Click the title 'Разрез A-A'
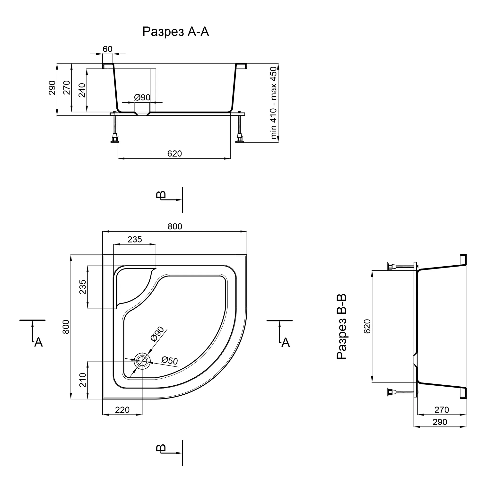(x=176, y=32)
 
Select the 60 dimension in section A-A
(x=107, y=49)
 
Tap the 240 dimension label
(x=82, y=90)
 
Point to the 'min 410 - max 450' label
(x=273, y=103)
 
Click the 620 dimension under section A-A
(x=174, y=153)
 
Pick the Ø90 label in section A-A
(x=142, y=97)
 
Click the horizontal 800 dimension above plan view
(x=175, y=226)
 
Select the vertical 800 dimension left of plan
(x=66, y=327)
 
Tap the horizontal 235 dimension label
(x=135, y=239)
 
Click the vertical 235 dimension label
(x=83, y=287)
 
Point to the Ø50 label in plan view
(x=170, y=360)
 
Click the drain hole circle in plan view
(x=142, y=361)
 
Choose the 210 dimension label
(x=83, y=380)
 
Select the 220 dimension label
(x=122, y=410)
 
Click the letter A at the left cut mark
(x=38, y=342)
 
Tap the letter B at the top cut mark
(x=161, y=195)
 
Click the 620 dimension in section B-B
(x=367, y=326)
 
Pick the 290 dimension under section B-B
(x=440, y=422)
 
